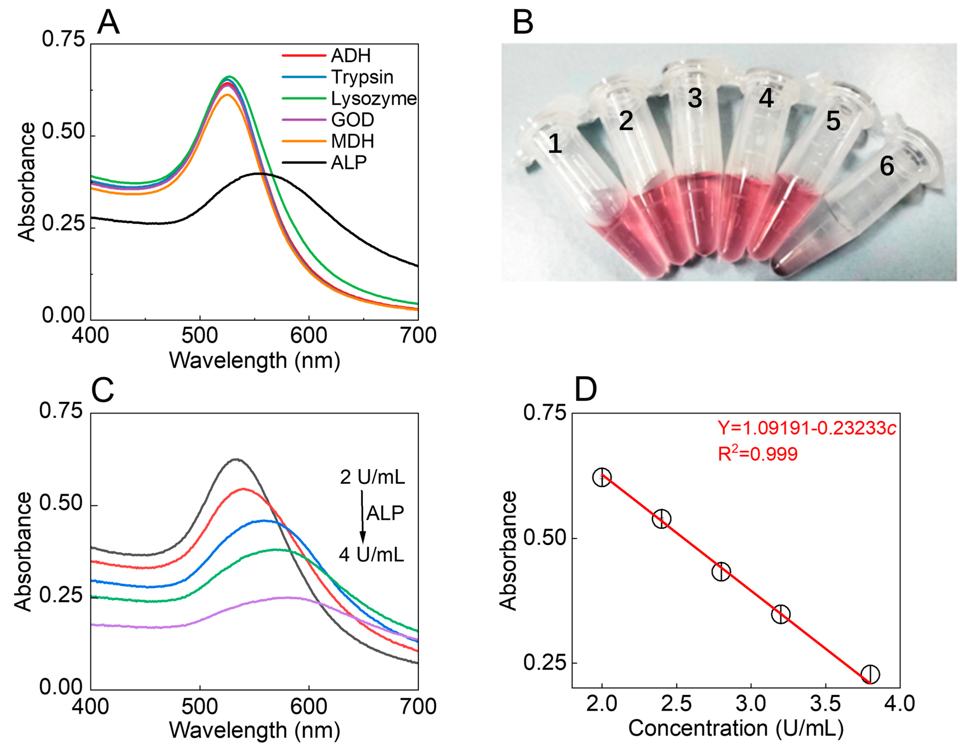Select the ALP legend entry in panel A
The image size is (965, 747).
(349, 163)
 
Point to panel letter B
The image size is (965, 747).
(523, 23)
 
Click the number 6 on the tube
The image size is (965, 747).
(886, 167)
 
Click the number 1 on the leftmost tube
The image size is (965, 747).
(555, 144)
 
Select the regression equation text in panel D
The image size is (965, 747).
(806, 428)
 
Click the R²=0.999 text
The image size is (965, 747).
(757, 454)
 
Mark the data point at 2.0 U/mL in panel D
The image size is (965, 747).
(602, 477)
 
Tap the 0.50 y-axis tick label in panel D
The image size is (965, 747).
(544, 538)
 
